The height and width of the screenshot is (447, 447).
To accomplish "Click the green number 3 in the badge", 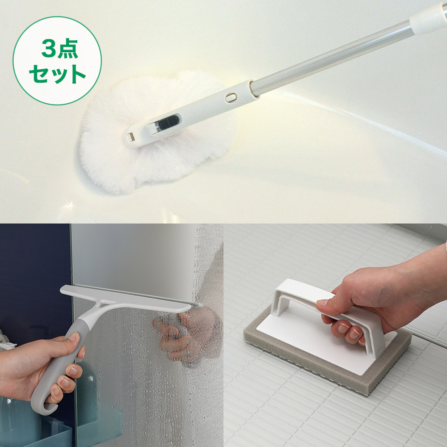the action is pos(49,48).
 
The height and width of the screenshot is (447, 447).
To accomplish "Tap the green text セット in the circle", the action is pos(57,74).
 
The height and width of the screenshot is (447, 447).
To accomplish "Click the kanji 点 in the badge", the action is pos(67,48).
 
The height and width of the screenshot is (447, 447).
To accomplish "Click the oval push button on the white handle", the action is pos(231,97).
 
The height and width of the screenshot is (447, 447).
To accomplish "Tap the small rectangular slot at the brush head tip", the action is pos(131,137).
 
